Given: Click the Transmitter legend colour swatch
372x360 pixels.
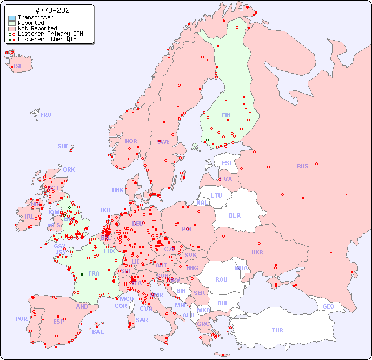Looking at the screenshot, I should click(12, 17).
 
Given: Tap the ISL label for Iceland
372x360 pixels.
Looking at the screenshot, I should click(18, 67).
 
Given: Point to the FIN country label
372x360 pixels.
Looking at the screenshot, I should click(226, 115).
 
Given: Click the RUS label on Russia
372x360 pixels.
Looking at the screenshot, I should click(302, 166).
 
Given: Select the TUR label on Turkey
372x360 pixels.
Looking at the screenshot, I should click(277, 330).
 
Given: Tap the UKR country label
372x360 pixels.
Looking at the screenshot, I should click(257, 252).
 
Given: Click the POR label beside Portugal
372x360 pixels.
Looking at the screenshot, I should click(21, 319).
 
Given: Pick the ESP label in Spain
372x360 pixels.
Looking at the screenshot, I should click(58, 322).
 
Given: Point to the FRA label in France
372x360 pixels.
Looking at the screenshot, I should click(94, 273).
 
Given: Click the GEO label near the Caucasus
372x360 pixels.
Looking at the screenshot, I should click(328, 306).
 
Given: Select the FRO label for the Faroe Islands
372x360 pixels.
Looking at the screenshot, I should click(46, 115).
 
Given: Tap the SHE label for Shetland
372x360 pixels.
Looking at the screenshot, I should click(63, 146).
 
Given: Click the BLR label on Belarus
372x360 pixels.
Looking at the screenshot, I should click(235, 215).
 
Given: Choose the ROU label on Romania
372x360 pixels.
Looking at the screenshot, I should click(221, 279).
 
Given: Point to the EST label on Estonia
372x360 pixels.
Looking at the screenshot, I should click(227, 163).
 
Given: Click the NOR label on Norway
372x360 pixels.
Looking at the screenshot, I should click(131, 141).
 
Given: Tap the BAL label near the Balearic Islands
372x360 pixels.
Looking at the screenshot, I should click(98, 332).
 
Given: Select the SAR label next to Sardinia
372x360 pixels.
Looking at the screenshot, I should click(142, 320).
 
